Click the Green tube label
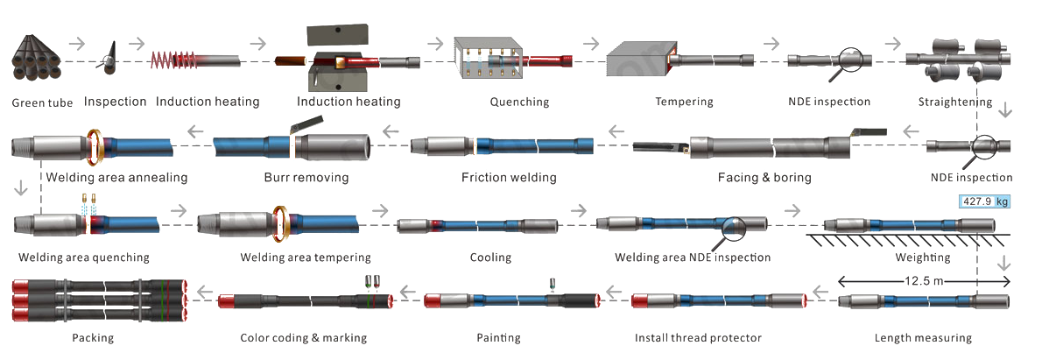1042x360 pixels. pos(42,102)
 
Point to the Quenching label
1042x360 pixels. pos(519,102)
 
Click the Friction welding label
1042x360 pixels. pos(509,178)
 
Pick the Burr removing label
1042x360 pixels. pos(306,178)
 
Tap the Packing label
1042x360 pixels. pos(93,337)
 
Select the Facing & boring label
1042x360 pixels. pos(764,178)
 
